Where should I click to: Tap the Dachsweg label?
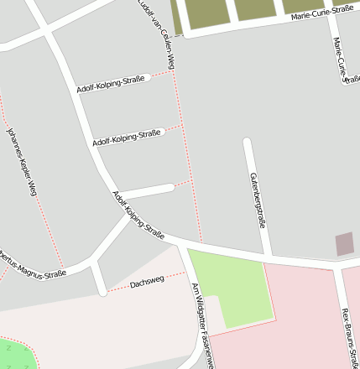(146, 283)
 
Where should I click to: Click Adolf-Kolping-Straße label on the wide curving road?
(138, 215)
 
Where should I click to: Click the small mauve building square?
(344, 244)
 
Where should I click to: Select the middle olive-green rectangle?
(255, 9)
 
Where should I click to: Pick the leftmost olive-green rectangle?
(205, 12)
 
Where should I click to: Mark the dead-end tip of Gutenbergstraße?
(247, 142)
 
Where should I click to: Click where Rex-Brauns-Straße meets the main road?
(337, 262)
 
